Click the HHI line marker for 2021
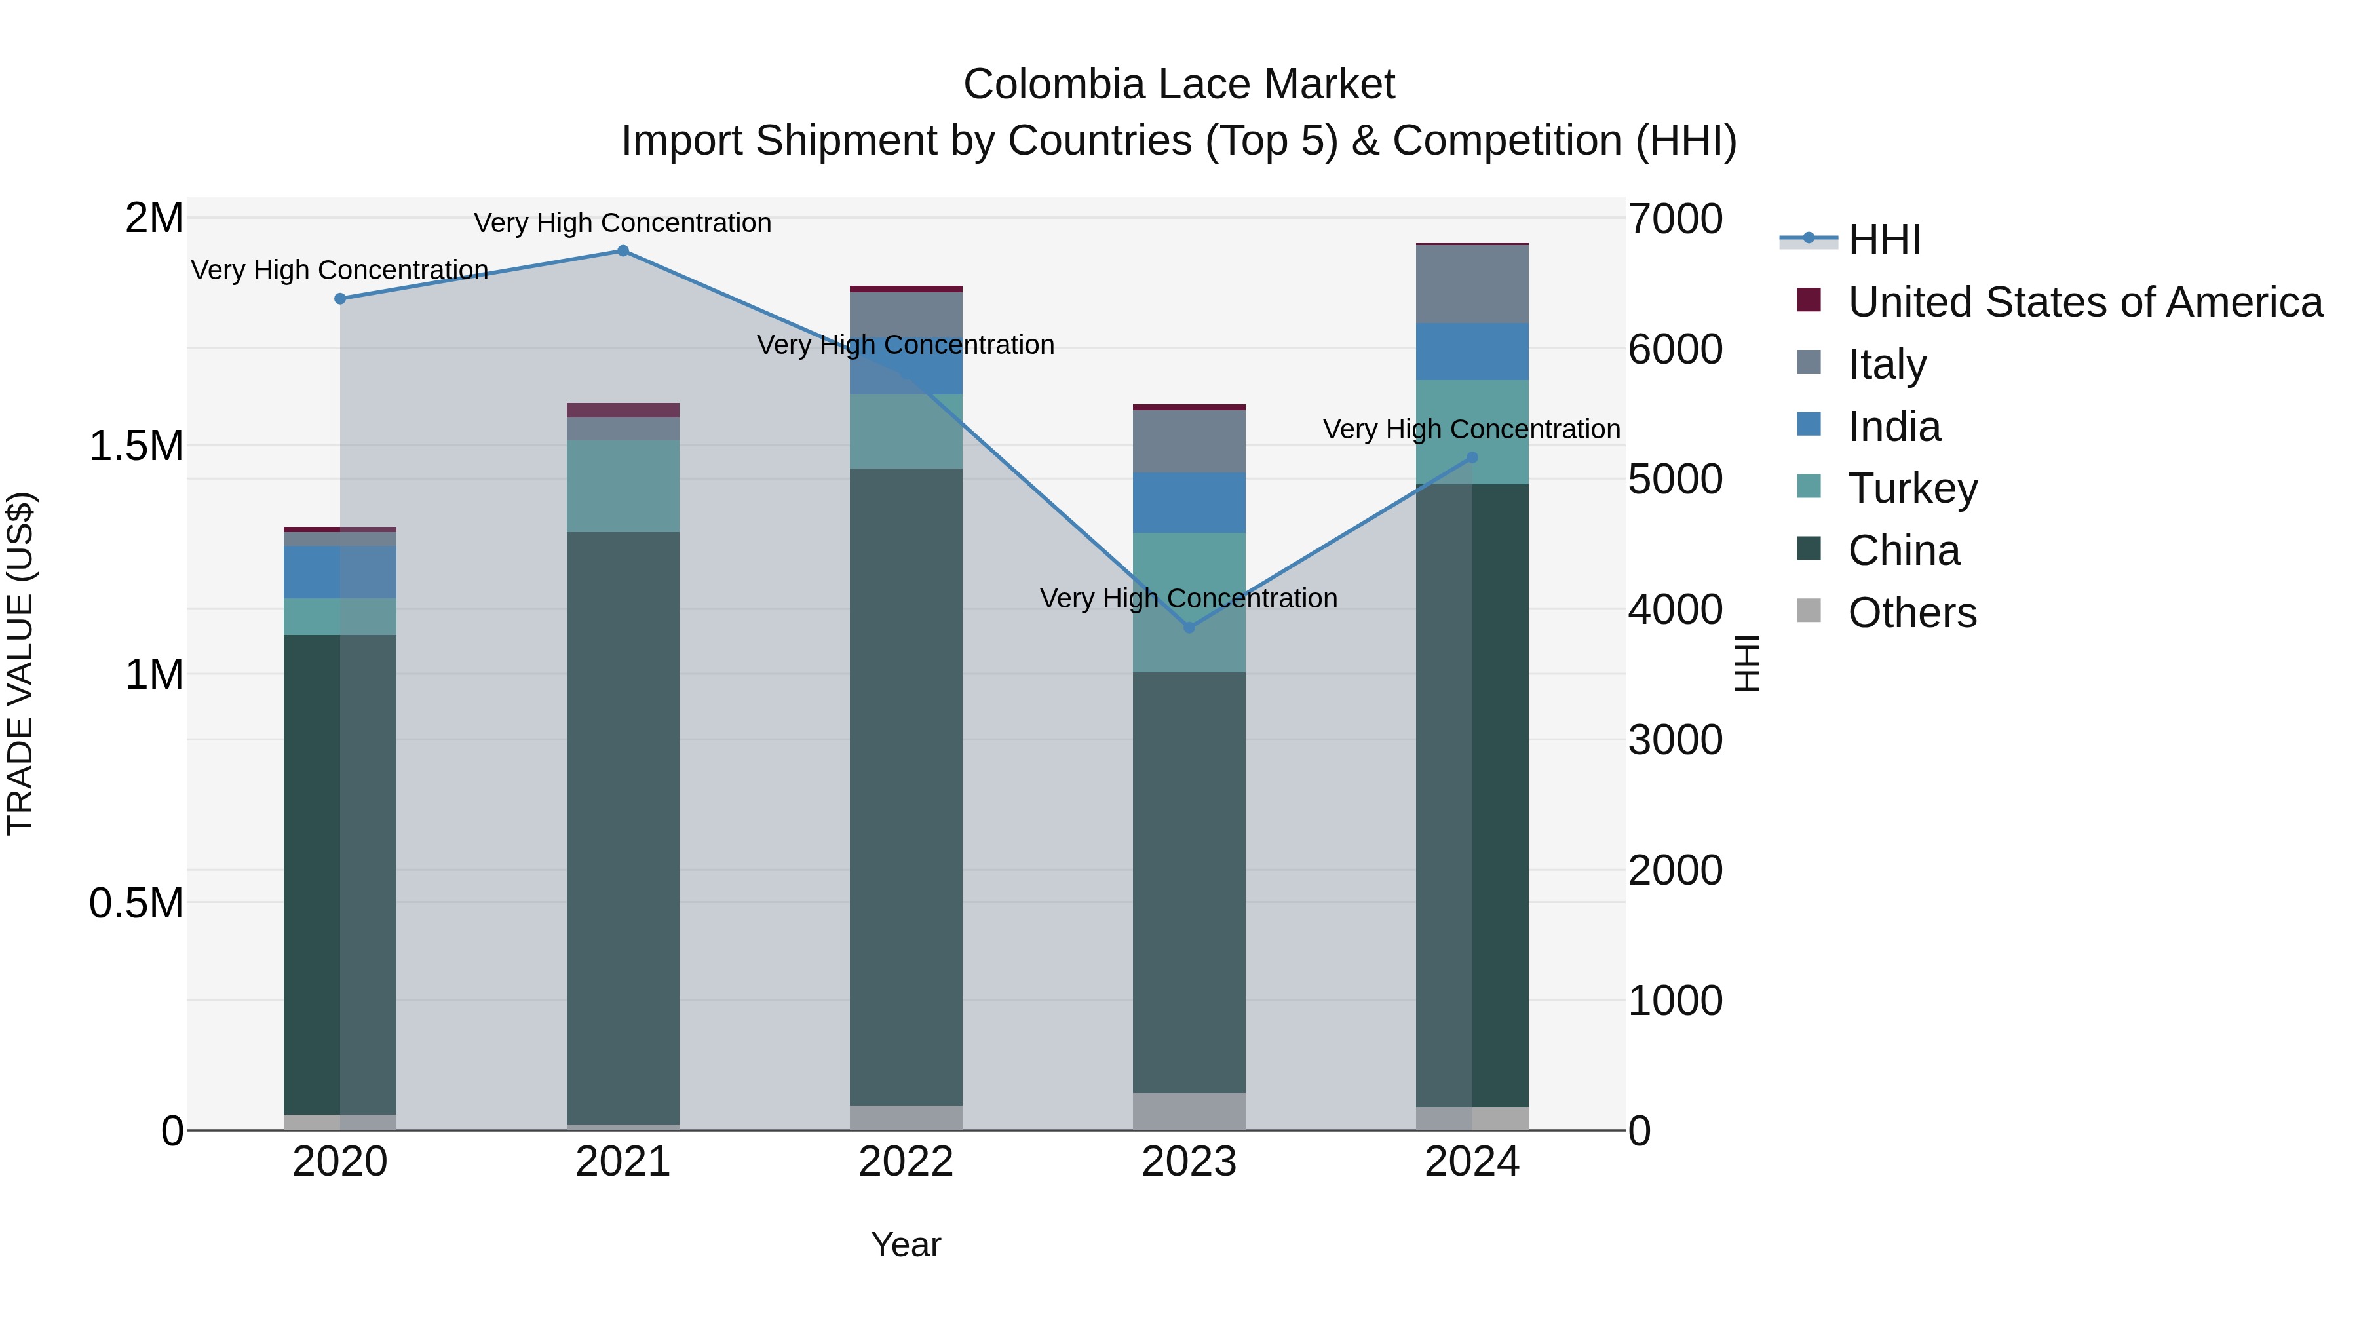point(623,251)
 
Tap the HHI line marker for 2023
point(1189,627)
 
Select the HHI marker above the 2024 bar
point(1472,457)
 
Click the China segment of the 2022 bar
point(906,788)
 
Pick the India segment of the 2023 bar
point(1189,503)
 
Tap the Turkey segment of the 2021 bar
point(623,486)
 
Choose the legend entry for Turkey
point(1912,488)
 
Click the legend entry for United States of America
point(2084,302)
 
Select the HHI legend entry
point(1883,240)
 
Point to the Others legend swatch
point(1809,611)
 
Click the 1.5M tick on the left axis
point(136,446)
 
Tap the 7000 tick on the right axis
point(1675,219)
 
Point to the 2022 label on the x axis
point(906,1162)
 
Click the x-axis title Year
point(906,1244)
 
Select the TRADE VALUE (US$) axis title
point(20,663)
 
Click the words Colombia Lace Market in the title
point(1179,85)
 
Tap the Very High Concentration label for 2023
point(1189,599)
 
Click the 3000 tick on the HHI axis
point(1675,740)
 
